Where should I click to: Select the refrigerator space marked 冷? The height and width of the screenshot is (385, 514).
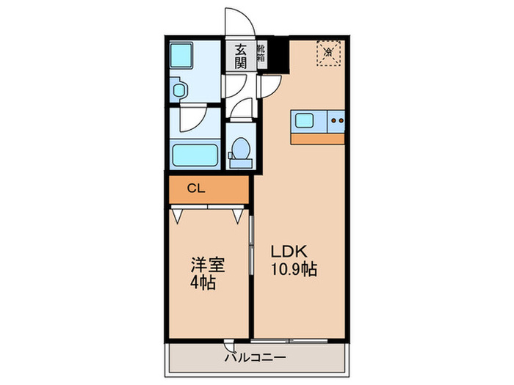point(329,53)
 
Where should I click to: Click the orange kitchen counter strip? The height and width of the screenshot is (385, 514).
point(317,139)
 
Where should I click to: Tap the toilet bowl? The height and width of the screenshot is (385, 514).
point(240,150)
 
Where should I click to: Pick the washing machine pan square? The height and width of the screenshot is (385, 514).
point(181,56)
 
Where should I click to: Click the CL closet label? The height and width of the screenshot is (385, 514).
point(194,188)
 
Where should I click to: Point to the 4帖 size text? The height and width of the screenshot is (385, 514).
point(203,283)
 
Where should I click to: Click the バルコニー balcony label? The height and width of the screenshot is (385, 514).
point(256,358)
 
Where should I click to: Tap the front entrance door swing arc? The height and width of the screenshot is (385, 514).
point(238,21)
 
